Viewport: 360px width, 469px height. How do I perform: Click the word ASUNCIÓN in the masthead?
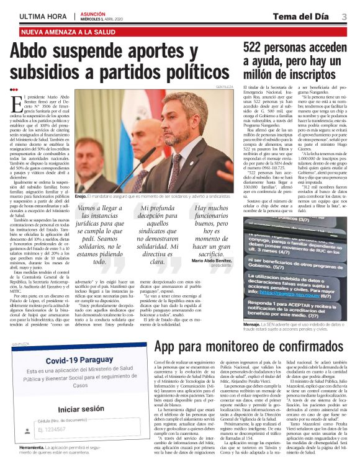click(94, 13)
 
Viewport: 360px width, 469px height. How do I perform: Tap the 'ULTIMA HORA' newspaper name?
click(43, 17)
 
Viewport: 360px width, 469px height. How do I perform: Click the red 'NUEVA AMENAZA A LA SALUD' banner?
click(70, 31)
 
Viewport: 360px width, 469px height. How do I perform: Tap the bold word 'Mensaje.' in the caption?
click(252, 324)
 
